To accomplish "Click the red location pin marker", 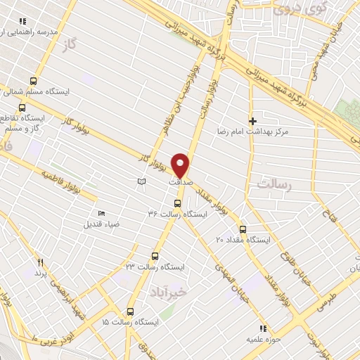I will coord(181,165).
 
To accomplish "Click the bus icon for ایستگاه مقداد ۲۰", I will coord(243,229).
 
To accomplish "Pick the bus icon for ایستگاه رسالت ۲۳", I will coord(155,257).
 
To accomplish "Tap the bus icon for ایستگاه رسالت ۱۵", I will coord(130,311).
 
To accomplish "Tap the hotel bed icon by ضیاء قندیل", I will coord(102,214).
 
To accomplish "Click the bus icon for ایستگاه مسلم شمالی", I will coord(33,81).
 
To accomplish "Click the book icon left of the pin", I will coord(142,182).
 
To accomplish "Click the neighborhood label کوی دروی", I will coord(292,9).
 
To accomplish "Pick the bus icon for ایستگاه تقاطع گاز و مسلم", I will coord(22,108).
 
